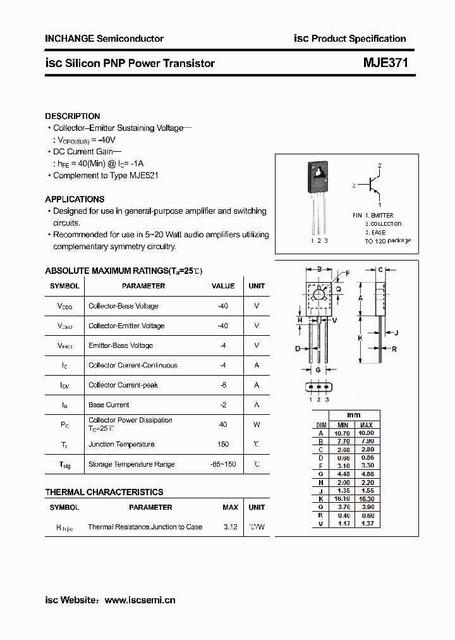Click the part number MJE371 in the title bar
[385, 63]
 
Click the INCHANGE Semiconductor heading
[104, 39]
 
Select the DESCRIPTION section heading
[72, 116]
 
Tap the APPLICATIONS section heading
[75, 199]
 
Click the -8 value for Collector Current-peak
[222, 385]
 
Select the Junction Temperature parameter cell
[121, 445]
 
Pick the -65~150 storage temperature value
[222, 464]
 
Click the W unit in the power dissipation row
[257, 424]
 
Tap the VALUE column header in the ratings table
[222, 286]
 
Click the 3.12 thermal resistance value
[230, 527]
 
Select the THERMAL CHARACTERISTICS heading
[104, 492]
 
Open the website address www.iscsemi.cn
[140, 600]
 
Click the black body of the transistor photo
[319, 178]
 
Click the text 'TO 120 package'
[387, 241]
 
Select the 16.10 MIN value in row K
[342, 498]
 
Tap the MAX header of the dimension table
[366, 425]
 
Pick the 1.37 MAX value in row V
[366, 523]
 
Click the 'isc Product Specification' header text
[349, 39]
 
